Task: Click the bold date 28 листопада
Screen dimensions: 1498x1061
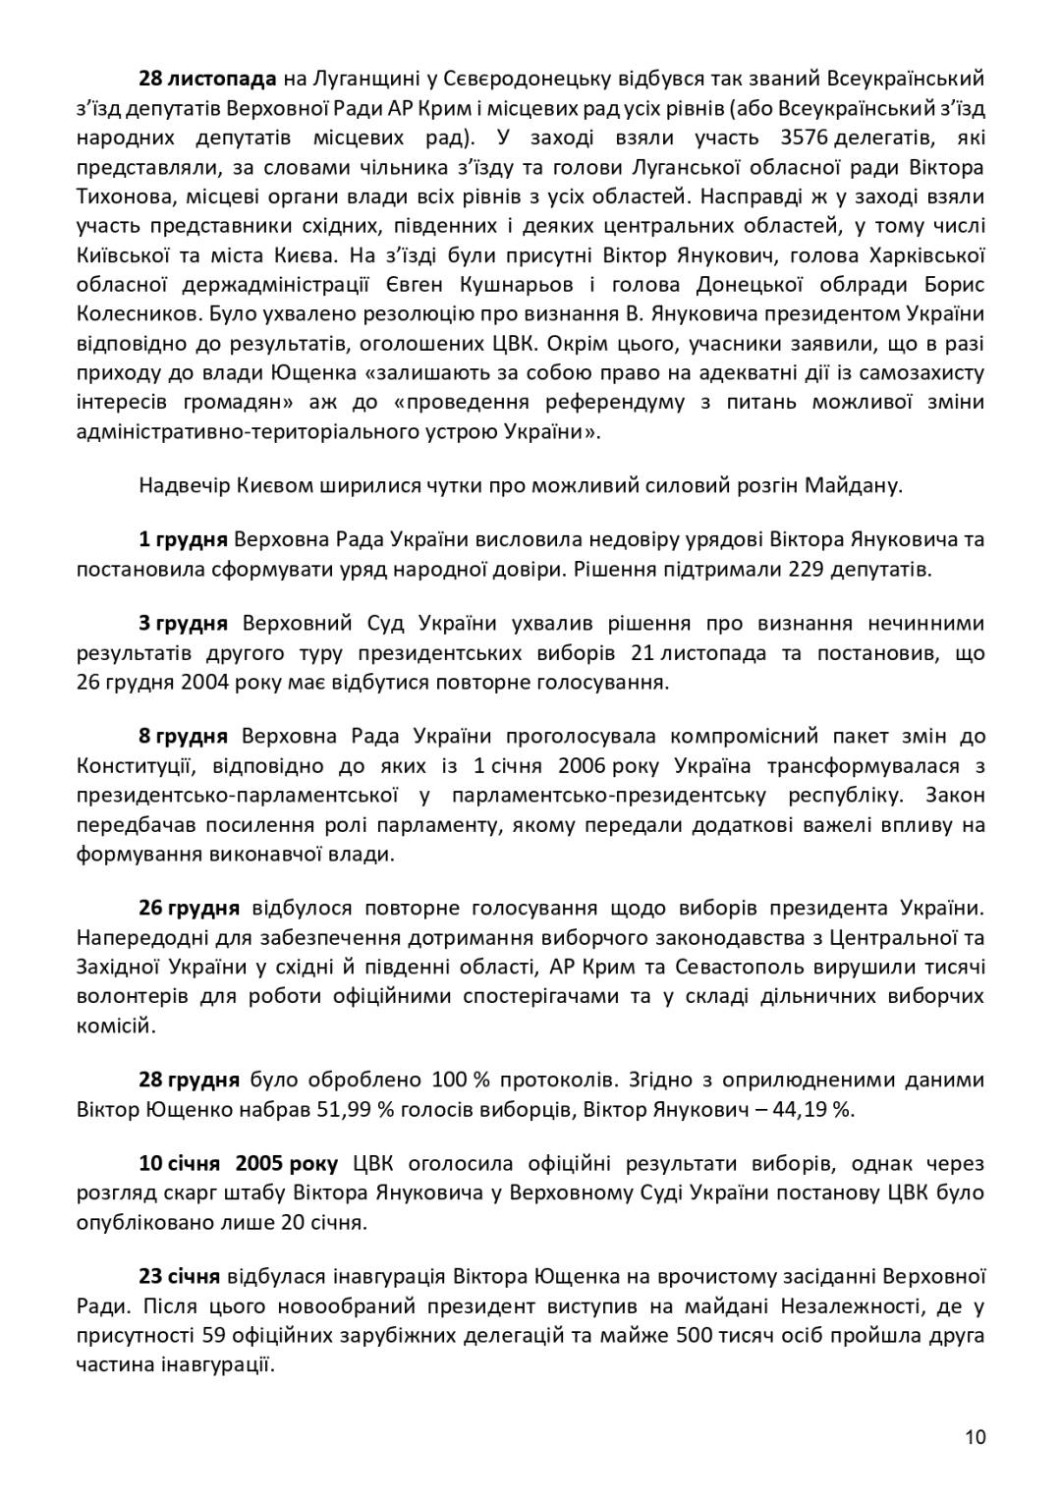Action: [x=208, y=78]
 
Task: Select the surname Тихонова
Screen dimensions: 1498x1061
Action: [x=122, y=195]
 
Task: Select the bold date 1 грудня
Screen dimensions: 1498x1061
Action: [x=183, y=539]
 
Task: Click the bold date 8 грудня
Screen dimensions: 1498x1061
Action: [x=183, y=736]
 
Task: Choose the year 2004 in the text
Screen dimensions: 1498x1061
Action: [x=206, y=682]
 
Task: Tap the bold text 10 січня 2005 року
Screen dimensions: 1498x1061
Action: [x=238, y=1164]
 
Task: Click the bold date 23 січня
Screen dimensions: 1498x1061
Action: [x=179, y=1276]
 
